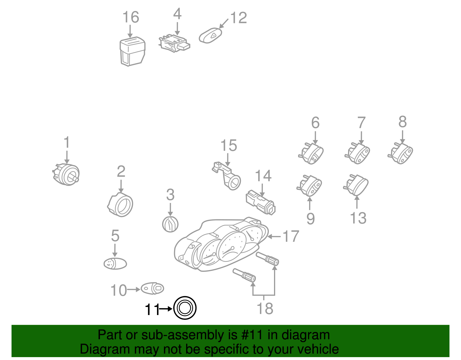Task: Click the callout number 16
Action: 131,17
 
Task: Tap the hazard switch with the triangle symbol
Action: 210,36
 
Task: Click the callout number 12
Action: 239,18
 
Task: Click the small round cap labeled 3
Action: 170,224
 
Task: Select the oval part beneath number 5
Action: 115,264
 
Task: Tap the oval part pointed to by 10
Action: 152,288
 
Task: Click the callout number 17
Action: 291,236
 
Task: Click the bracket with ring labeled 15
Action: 226,176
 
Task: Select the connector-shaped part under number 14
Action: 260,202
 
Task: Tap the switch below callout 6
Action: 311,153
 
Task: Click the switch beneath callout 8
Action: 400,153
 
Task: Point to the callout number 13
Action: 358,218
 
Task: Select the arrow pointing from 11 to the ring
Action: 166,309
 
